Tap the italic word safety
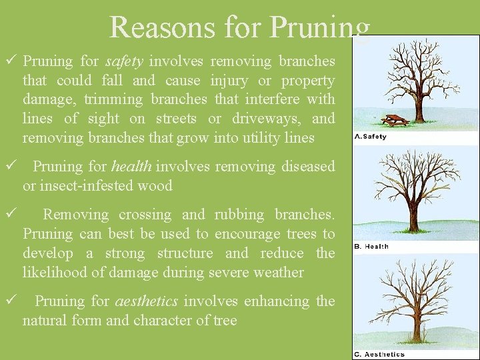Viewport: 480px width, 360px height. click(x=124, y=61)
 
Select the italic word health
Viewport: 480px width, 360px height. click(x=131, y=167)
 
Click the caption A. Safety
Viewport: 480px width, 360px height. click(x=370, y=137)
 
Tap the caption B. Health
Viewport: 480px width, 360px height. click(x=371, y=246)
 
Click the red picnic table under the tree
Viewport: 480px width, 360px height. click(x=396, y=120)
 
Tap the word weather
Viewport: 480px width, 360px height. click(x=281, y=273)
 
